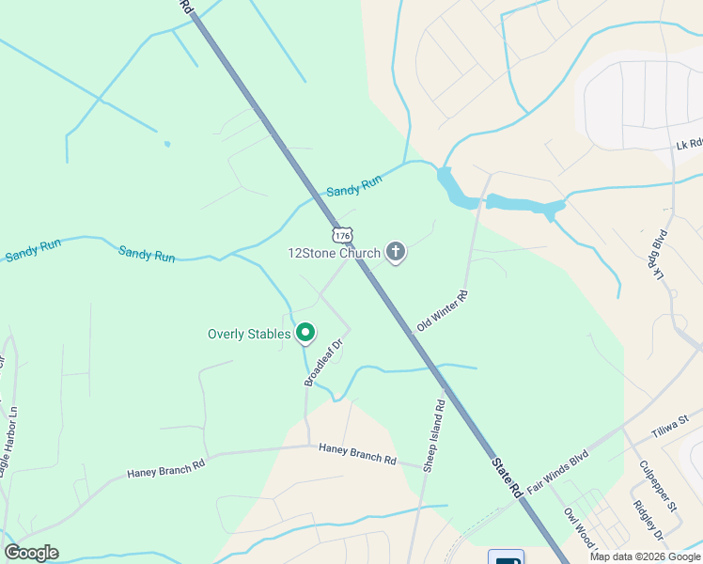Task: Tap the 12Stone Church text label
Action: coord(334,253)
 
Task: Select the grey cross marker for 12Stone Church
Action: coord(396,252)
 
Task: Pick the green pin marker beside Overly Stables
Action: coord(305,333)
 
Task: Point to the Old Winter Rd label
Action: coord(441,311)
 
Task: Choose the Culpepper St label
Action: coord(658,485)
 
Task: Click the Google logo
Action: coord(31,553)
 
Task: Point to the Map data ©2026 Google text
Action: coord(646,556)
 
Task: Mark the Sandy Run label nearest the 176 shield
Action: coord(353,186)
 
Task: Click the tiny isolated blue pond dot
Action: coord(167,144)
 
